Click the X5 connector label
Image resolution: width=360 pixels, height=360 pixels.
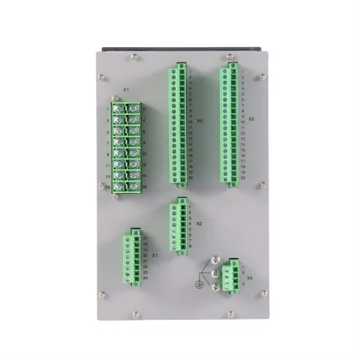tap(200, 121)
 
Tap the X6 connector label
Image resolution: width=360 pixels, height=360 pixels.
tap(250, 120)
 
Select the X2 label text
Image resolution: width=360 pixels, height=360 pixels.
tap(199, 223)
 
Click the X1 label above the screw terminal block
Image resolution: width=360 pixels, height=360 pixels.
tap(126, 88)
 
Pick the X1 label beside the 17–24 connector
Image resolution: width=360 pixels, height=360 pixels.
tap(154, 255)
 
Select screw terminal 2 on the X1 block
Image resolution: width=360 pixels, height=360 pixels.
tap(134, 108)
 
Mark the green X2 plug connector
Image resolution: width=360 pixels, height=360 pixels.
tap(180, 225)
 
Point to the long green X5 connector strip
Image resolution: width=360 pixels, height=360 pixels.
tap(180, 123)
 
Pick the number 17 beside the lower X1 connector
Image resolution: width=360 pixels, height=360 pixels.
tap(144, 236)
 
